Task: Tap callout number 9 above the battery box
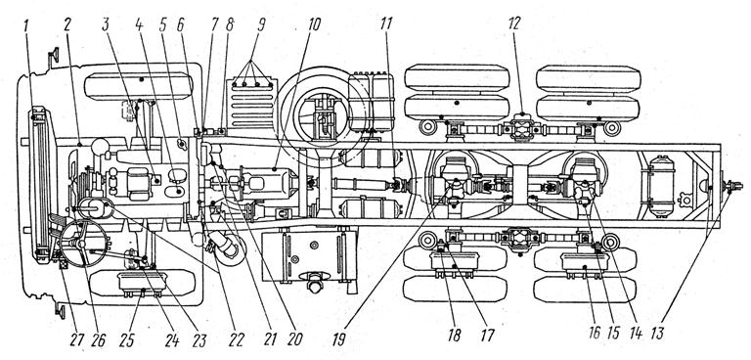coord(261,25)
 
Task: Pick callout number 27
coord(77,339)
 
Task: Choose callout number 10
coord(314,25)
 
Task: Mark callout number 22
coord(236,339)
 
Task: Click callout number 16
coord(594,335)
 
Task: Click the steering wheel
coord(84,243)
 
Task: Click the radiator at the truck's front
coord(42,185)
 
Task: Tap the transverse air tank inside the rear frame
coord(661,186)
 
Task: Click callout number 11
coord(385,25)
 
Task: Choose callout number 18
coord(454,335)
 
